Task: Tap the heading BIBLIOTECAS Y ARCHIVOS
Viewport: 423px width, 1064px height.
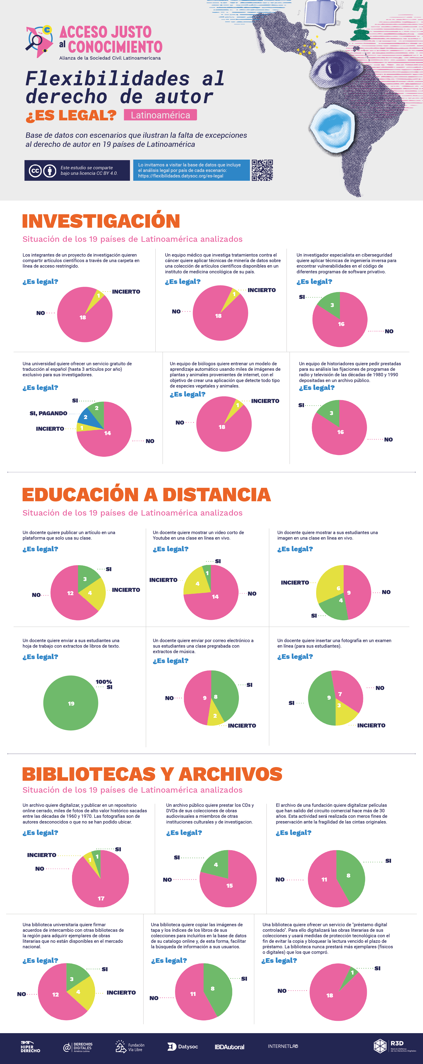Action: [x=152, y=774]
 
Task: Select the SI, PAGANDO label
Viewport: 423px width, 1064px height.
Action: [x=48, y=413]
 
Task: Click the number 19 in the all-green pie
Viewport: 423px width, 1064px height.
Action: [x=71, y=703]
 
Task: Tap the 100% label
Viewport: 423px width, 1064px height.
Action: [x=104, y=682]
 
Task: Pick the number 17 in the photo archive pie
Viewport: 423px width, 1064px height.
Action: [x=101, y=898]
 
